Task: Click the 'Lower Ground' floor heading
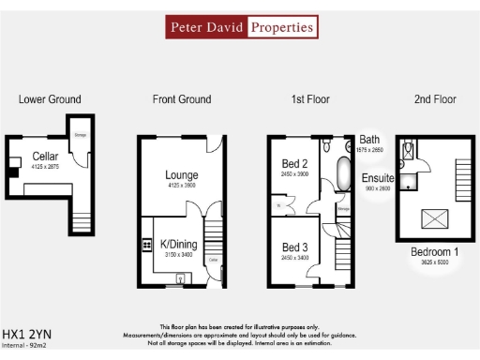pyautogui.click(x=50, y=99)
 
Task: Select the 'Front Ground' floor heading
pyautogui.click(x=182, y=99)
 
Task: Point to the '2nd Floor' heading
pyautogui.click(x=433, y=99)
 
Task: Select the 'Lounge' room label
pyautogui.click(x=181, y=174)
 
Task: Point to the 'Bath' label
pyautogui.click(x=369, y=139)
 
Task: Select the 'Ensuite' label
pyautogui.click(x=378, y=177)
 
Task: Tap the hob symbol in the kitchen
pyautogui.click(x=147, y=246)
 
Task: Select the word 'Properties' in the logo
pyautogui.click(x=280, y=27)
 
